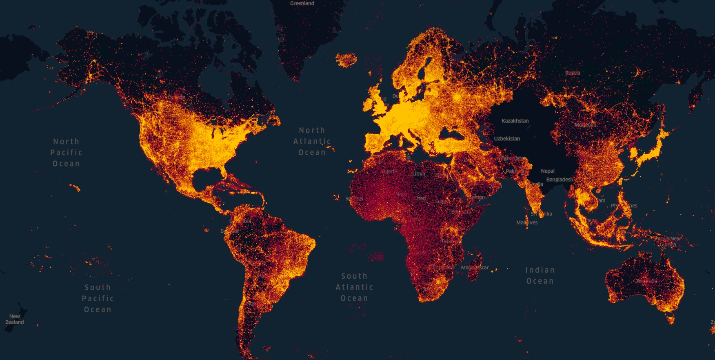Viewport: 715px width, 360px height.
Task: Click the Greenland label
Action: (302, 3)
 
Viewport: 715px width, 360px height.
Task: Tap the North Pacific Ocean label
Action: (66, 152)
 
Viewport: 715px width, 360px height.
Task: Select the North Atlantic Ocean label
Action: (312, 141)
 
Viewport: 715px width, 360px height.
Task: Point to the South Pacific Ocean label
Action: (98, 298)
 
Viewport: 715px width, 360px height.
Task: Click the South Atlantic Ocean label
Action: (354, 287)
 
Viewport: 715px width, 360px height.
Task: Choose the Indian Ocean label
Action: (540, 276)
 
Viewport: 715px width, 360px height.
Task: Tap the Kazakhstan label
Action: (515, 121)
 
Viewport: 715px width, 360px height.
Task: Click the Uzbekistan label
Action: (507, 139)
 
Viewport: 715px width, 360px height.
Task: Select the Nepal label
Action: (548, 171)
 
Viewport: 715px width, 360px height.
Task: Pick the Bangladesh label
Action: (559, 180)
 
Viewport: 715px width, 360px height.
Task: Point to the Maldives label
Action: (527, 222)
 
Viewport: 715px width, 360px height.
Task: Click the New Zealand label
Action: (15, 319)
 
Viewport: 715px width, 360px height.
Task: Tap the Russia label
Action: (573, 73)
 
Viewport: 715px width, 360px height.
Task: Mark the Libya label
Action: (419, 173)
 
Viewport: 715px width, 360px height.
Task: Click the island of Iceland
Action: (346, 60)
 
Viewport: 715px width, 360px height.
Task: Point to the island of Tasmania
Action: (671, 319)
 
